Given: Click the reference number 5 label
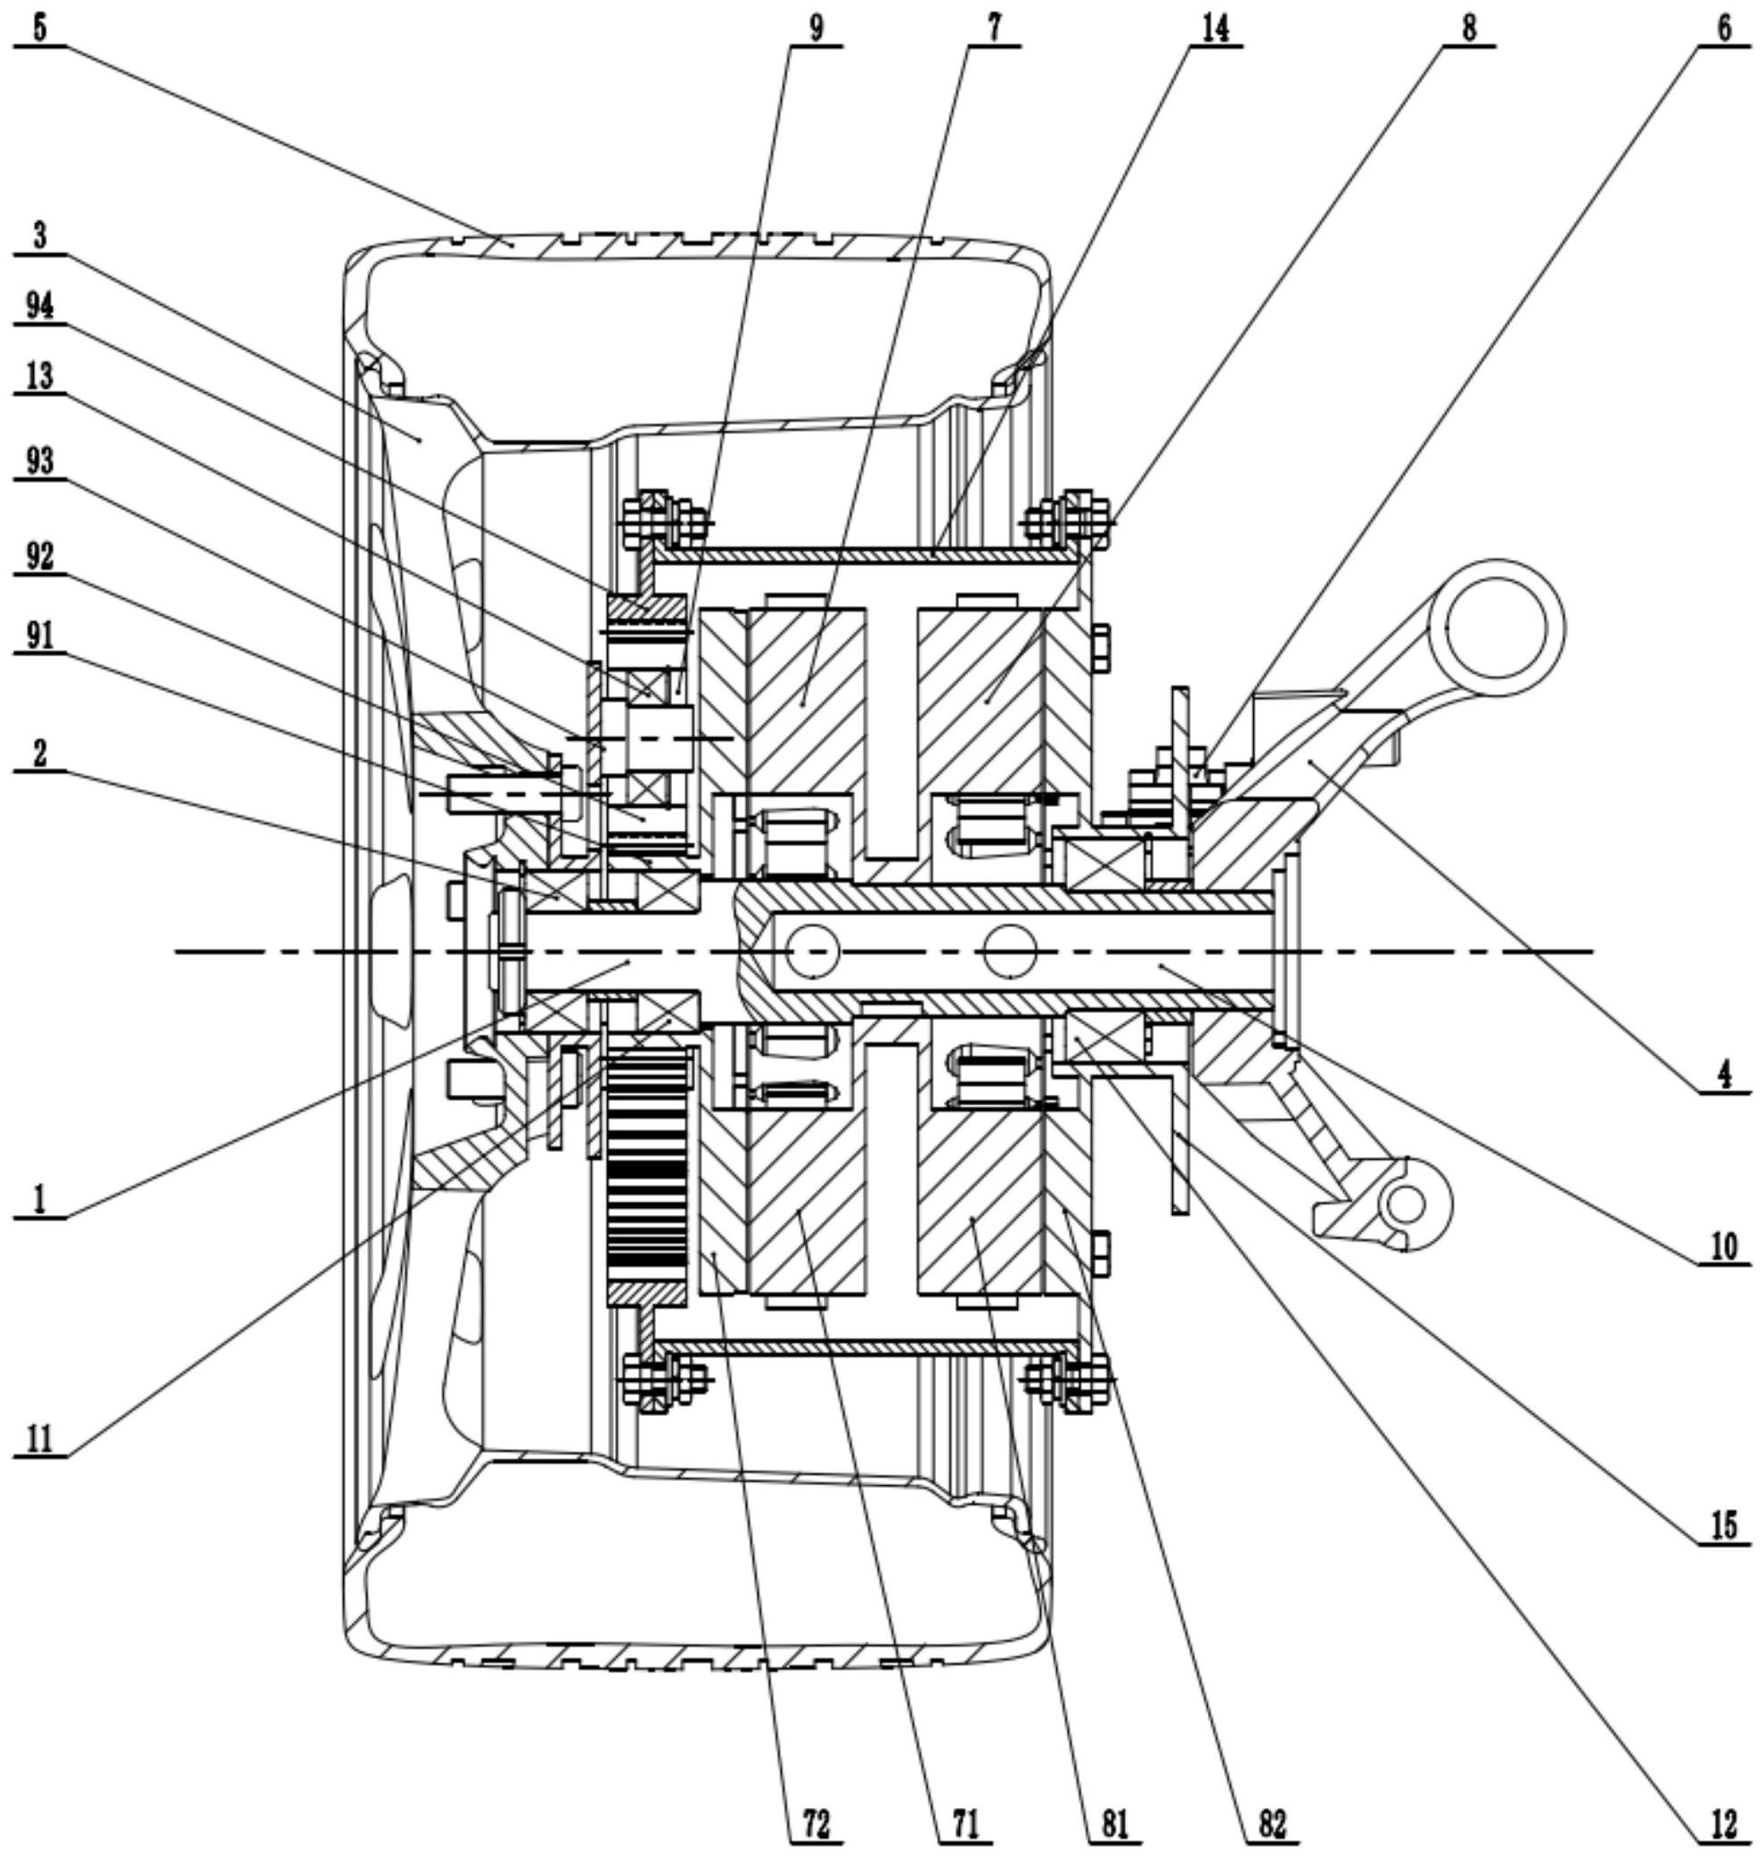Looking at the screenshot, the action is (x=39, y=29).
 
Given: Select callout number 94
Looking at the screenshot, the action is (x=39, y=307).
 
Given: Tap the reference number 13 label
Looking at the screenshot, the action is (x=39, y=378).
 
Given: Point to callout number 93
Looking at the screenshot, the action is (x=39, y=462).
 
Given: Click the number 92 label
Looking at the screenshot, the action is (x=39, y=556).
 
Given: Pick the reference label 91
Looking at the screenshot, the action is (x=39, y=637).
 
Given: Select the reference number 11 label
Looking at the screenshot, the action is (x=39, y=1440).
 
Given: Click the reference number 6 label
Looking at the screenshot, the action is (x=1724, y=29).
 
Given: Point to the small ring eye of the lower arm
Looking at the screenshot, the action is (x=1407, y=1205).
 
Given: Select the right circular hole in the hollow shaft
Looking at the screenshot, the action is (x=1010, y=951).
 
